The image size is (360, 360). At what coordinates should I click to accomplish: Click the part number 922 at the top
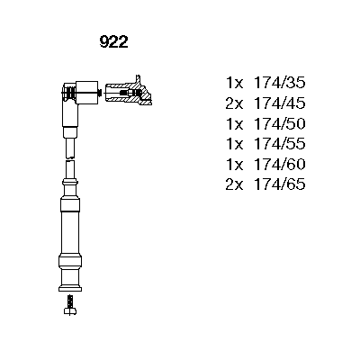[114, 42]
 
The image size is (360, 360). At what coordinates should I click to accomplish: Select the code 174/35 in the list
[280, 83]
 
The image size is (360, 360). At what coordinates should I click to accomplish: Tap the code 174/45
[280, 103]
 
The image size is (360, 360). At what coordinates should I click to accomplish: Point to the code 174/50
[280, 123]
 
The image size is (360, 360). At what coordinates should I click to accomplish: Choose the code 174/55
[280, 144]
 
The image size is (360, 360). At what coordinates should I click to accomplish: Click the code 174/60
[280, 164]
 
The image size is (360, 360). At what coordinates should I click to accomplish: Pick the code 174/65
[280, 184]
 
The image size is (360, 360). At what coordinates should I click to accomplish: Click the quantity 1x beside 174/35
[234, 83]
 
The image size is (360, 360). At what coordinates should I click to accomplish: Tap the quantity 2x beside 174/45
[234, 103]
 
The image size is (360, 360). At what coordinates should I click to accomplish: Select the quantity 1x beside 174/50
[234, 123]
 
